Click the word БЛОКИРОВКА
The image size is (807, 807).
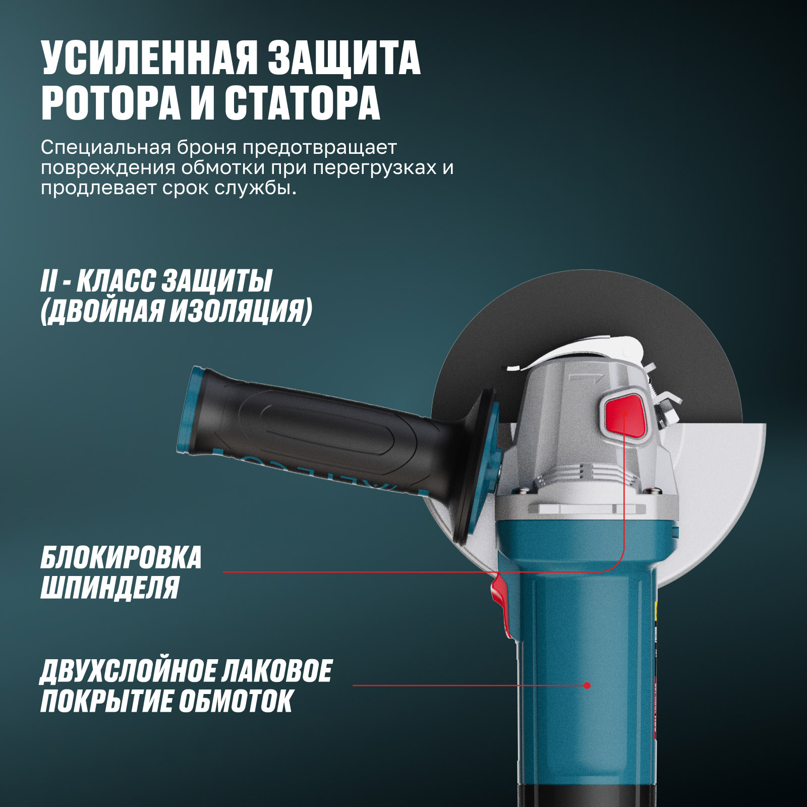[x=121, y=557]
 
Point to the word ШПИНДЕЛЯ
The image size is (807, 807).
[x=109, y=587]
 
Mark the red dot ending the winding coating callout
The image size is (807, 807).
[x=587, y=685]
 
